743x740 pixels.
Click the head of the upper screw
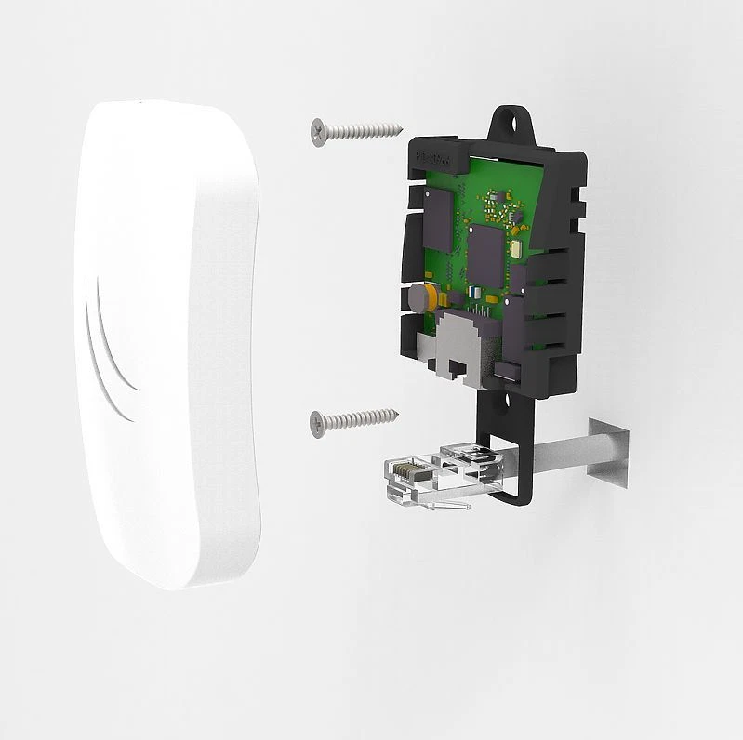319,131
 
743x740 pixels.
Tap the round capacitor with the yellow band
416,298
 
